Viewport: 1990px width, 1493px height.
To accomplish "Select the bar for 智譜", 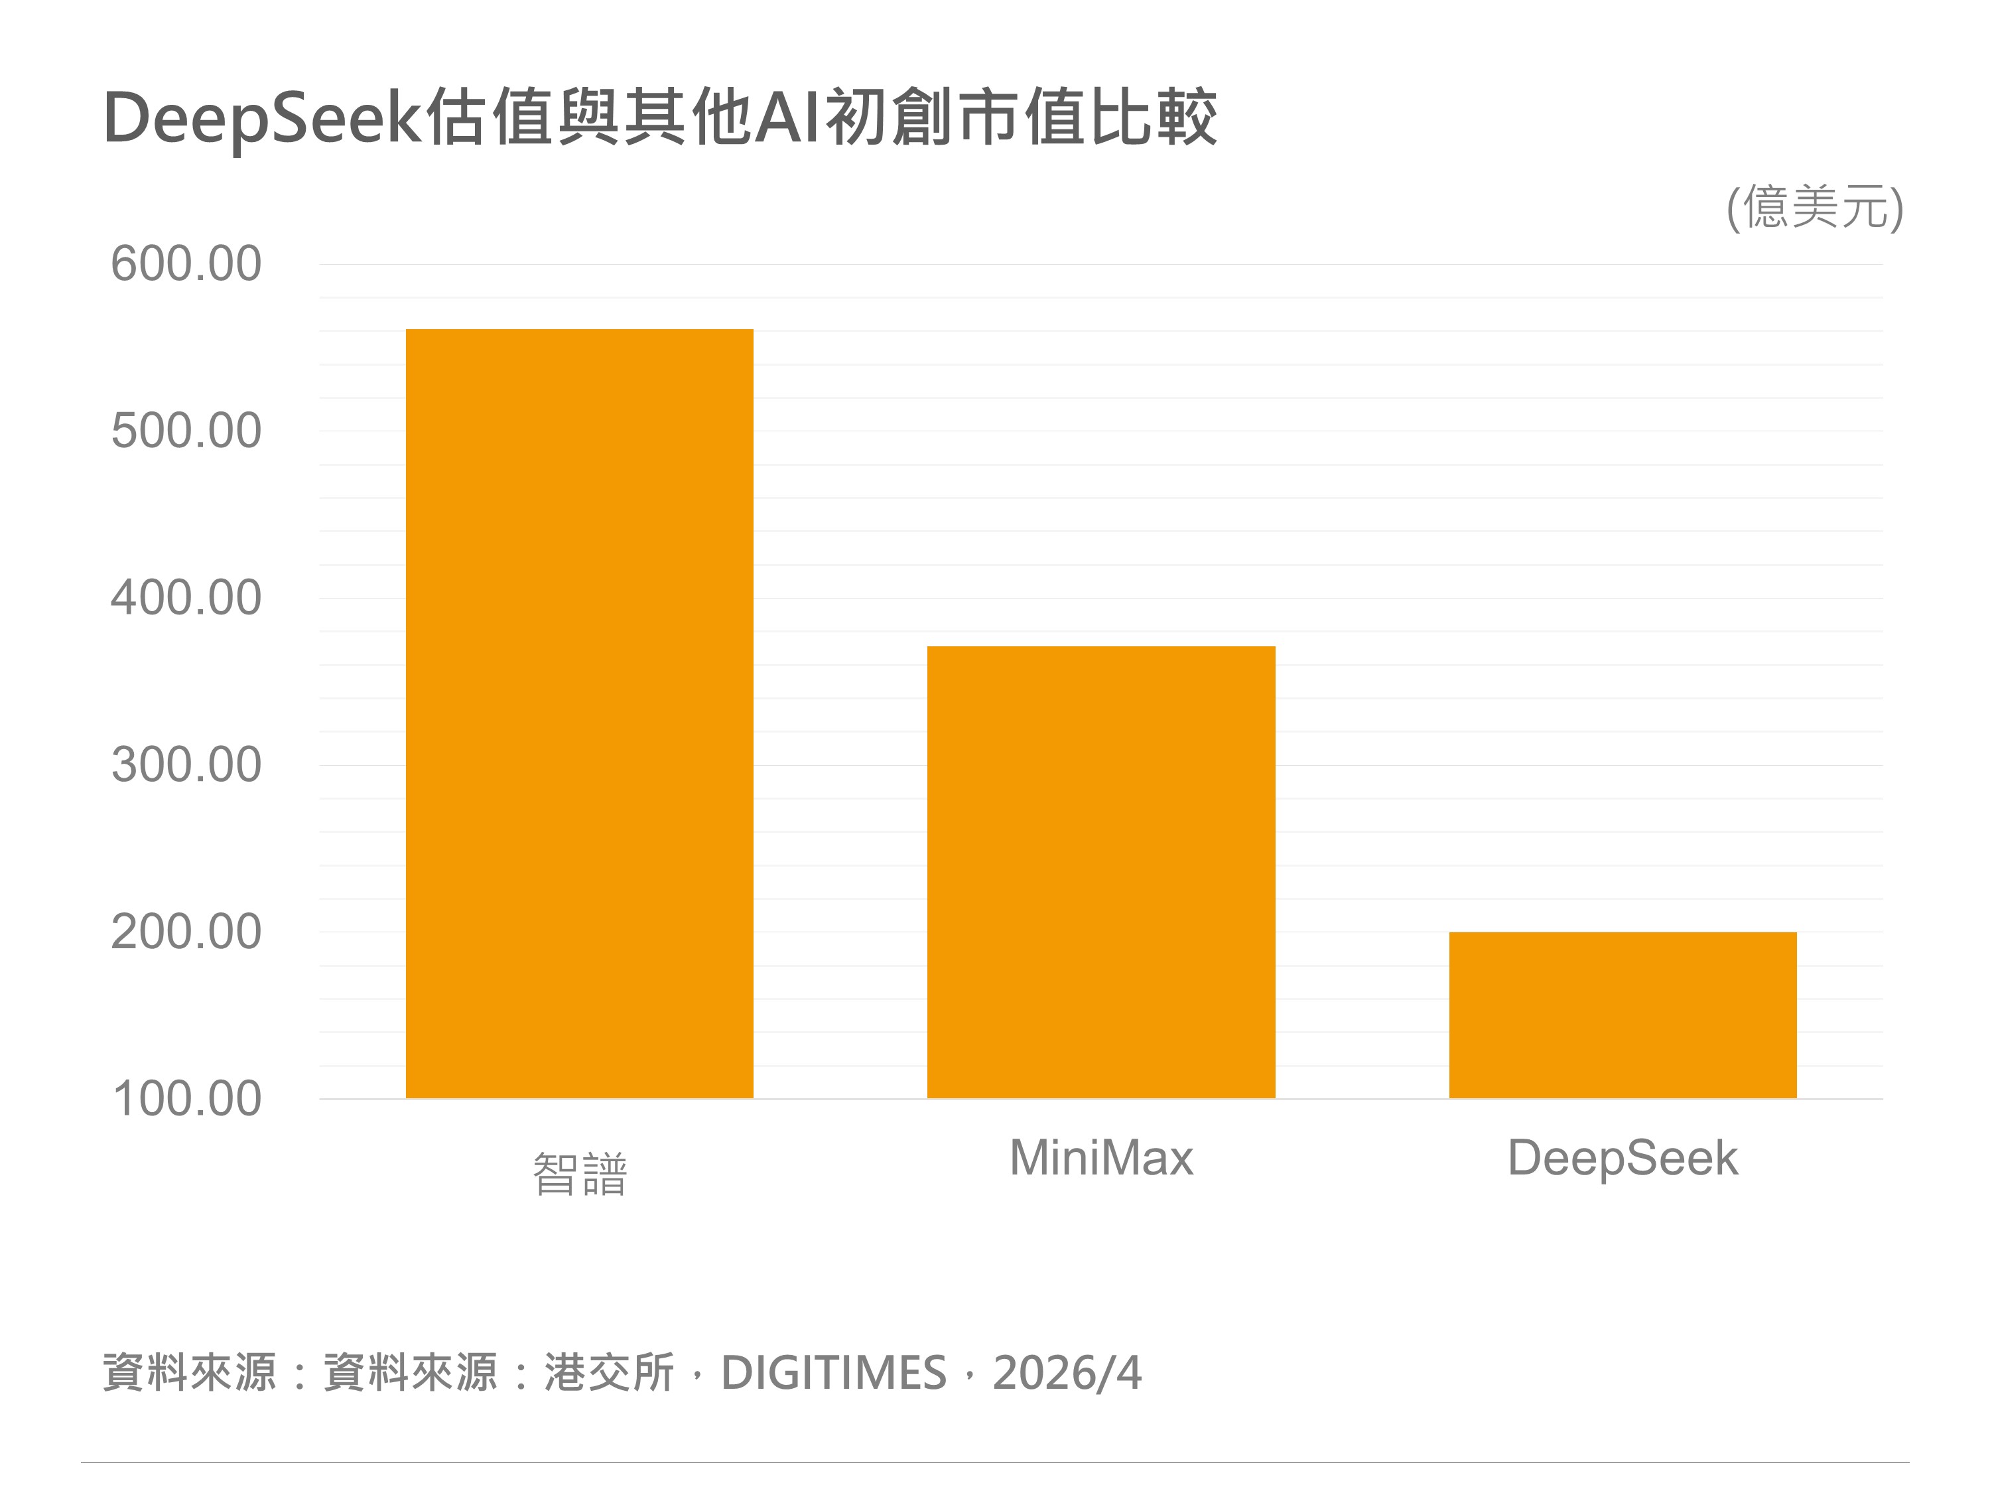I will pyautogui.click(x=579, y=713).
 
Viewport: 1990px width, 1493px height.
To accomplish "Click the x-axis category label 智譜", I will pyautogui.click(x=579, y=1174).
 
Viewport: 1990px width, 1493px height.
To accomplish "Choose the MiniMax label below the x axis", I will pyautogui.click(x=1100, y=1157).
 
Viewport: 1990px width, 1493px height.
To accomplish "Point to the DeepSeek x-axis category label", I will pyautogui.click(x=1622, y=1158).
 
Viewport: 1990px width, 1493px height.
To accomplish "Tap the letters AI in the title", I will pyautogui.click(x=787, y=117).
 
